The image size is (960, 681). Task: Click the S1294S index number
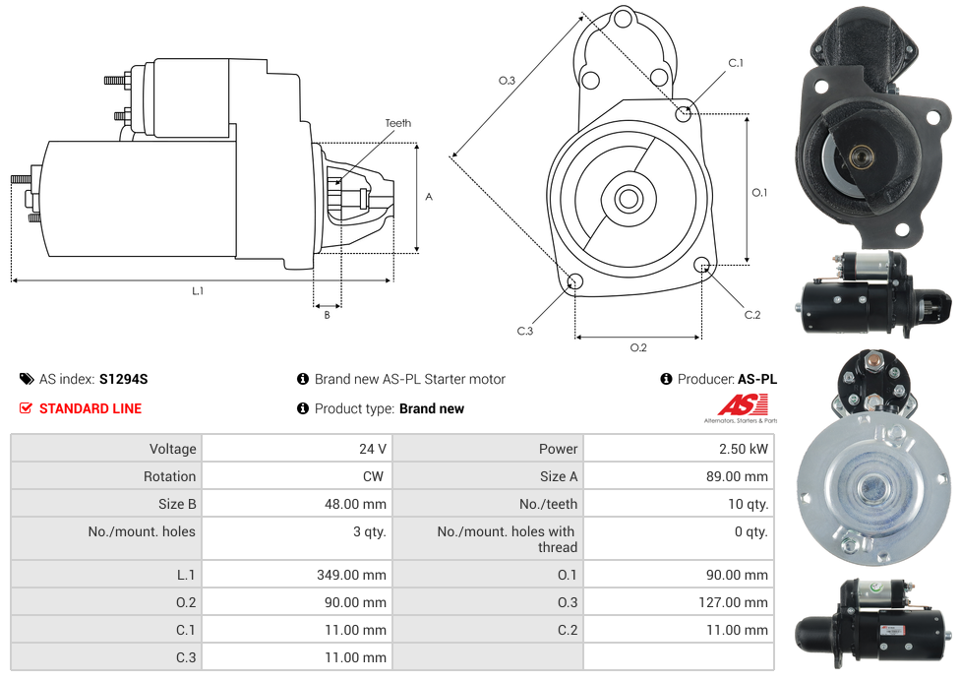[x=124, y=379]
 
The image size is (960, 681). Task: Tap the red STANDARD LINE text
[x=90, y=408]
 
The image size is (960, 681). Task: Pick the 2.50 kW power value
[x=744, y=449]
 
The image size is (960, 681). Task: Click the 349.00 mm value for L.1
[x=351, y=575]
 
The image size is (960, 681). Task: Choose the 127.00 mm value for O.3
[x=733, y=602]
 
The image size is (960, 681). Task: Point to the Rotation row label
[x=169, y=476]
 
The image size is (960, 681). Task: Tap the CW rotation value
[x=373, y=476]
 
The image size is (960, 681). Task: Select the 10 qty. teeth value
[x=748, y=504]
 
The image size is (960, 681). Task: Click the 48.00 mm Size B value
[x=355, y=504]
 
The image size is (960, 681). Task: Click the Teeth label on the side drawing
[x=398, y=123]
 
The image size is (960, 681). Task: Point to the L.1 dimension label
[x=198, y=291]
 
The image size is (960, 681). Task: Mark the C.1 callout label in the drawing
[x=736, y=62]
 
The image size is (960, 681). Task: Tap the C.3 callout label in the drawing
[x=524, y=331]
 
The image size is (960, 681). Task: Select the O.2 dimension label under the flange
[x=638, y=347]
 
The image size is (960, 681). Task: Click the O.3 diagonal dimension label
[x=507, y=81]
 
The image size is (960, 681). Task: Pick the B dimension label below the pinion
[x=327, y=315]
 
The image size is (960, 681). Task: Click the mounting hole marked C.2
[x=701, y=265]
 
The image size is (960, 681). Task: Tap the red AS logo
[x=742, y=404]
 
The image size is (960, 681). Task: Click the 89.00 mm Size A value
[x=737, y=476]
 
